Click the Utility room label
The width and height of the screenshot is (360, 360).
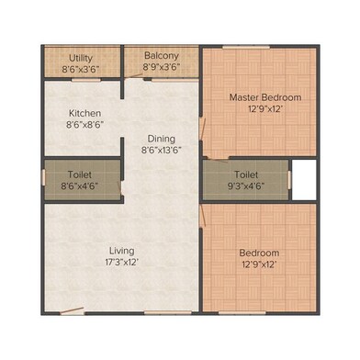81,58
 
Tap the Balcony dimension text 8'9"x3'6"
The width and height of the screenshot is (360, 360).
162,67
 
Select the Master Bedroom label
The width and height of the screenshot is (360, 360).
265,97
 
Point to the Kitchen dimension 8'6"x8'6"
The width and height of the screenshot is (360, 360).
84,125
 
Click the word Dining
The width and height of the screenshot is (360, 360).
162,139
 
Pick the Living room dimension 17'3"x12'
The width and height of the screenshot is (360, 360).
122,263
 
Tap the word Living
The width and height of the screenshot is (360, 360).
122,251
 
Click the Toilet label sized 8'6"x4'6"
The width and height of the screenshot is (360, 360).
80,174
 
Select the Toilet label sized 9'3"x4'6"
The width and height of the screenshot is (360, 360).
246,174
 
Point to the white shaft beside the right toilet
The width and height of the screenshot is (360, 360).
304,180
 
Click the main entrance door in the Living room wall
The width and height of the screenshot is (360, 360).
72,310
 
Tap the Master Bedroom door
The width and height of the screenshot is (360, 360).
202,129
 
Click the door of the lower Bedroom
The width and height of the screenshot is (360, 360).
202,216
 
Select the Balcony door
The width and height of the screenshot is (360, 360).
134,76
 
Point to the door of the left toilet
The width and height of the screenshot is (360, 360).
120,187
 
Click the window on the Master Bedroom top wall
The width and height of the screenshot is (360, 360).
246,47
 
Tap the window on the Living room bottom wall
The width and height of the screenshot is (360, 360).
168,313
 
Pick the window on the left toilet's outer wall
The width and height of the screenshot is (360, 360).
43,178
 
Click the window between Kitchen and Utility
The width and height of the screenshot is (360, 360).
86,80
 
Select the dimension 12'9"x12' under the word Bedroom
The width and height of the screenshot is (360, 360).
259,264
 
